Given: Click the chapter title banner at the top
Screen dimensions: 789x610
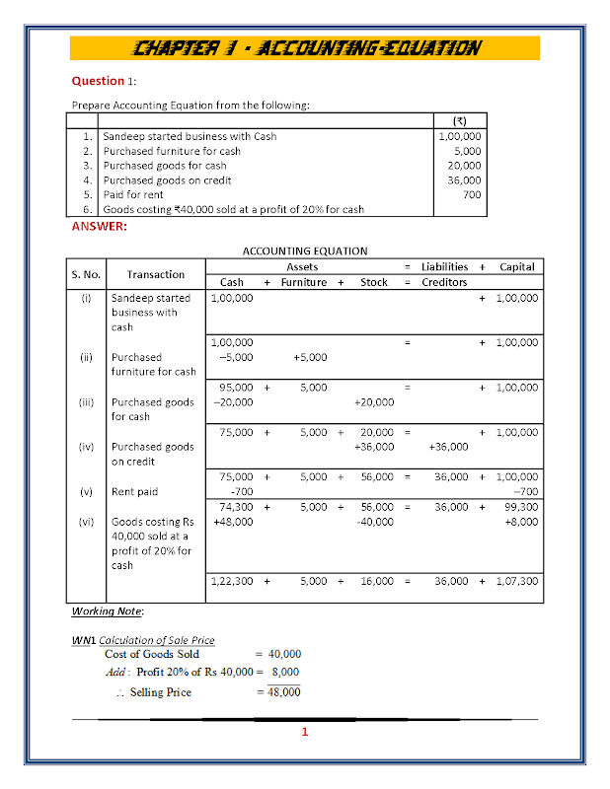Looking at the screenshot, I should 305,47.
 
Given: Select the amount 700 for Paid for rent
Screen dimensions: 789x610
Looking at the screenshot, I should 472,194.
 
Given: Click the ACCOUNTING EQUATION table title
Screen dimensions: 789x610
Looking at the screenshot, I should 304,251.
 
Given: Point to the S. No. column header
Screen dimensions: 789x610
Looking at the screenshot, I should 86,274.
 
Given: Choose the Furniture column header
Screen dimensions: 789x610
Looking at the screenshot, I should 303,282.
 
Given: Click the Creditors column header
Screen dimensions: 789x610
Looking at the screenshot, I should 444,282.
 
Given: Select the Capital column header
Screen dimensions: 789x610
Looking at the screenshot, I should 517,266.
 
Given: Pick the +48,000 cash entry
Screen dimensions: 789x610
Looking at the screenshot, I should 233,521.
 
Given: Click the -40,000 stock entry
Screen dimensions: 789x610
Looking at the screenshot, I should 375,521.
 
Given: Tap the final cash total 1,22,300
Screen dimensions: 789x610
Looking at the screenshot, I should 233,581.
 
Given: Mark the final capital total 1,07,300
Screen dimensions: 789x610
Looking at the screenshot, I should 517,581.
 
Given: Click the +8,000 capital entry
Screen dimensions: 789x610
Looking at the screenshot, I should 521,521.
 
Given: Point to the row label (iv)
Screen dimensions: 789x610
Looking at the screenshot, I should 86,447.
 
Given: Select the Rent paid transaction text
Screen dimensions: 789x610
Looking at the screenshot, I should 134,491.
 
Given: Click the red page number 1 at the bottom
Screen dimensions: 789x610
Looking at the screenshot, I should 305,732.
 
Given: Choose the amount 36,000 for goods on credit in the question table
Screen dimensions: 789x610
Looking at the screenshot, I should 464,180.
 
